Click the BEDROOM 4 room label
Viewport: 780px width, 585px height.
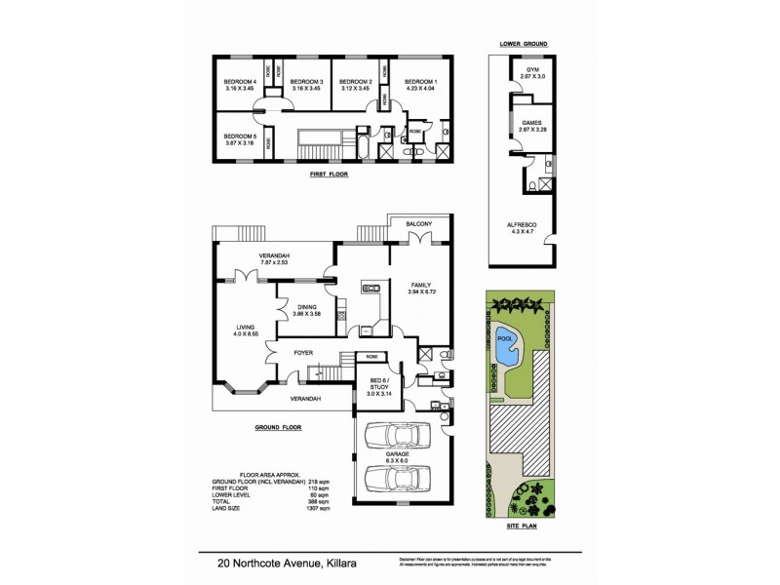pyautogui.click(x=240, y=81)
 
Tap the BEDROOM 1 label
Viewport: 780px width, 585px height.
pyautogui.click(x=420, y=81)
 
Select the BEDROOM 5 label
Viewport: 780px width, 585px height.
pyautogui.click(x=240, y=136)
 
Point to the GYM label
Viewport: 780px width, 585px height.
pyautogui.click(x=532, y=70)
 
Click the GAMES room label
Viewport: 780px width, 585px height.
pyautogui.click(x=531, y=122)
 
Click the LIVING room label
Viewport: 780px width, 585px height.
pyautogui.click(x=246, y=327)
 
